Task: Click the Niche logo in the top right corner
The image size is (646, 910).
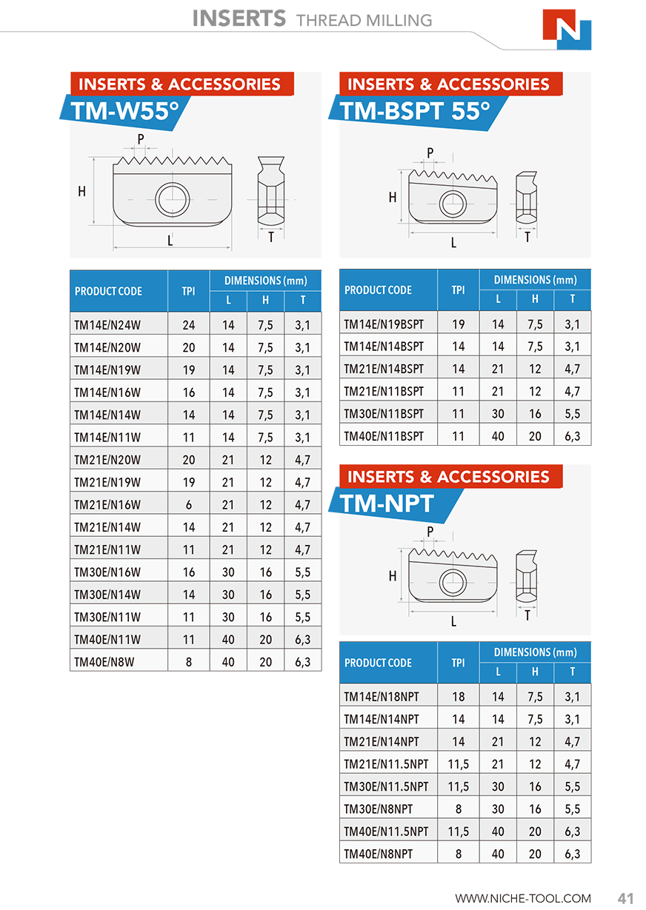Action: click(x=567, y=30)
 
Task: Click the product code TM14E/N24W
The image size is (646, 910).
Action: click(x=107, y=324)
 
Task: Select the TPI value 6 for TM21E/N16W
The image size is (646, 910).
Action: click(x=189, y=505)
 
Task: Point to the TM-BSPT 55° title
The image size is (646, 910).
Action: click(x=415, y=111)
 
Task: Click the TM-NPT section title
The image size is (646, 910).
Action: click(x=387, y=504)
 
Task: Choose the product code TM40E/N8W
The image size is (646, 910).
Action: click(x=104, y=662)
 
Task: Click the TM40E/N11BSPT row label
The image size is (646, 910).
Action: click(x=384, y=436)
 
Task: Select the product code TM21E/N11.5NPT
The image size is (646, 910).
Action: click(x=386, y=763)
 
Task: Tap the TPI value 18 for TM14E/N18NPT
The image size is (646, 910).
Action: click(x=458, y=696)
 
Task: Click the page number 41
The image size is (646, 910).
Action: click(x=625, y=898)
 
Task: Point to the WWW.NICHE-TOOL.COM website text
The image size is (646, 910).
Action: click(x=523, y=898)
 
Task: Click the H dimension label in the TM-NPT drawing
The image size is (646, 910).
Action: click(x=393, y=576)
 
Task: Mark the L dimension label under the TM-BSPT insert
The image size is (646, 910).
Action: click(x=454, y=242)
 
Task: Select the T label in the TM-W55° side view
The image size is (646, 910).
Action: click(x=271, y=237)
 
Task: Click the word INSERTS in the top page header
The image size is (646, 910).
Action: click(x=239, y=19)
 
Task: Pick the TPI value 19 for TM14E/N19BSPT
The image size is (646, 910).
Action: click(x=458, y=324)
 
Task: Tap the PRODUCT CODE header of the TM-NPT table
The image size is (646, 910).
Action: click(x=378, y=663)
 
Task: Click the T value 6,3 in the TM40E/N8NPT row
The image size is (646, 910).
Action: click(x=572, y=854)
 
